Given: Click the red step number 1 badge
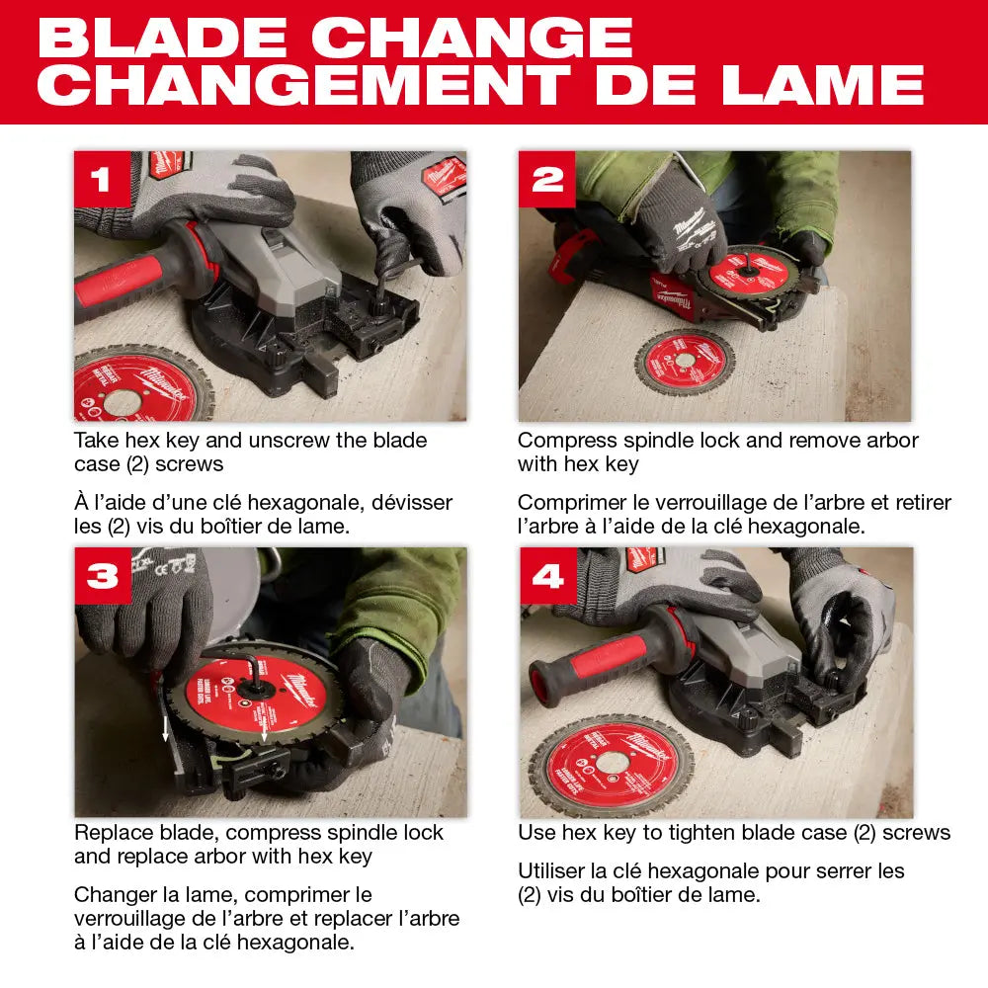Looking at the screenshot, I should tap(102, 179).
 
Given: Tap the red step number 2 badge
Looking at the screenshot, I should tap(546, 179).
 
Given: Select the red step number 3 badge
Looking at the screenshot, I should tap(102, 575).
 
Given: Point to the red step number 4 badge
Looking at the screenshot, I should tap(546, 575).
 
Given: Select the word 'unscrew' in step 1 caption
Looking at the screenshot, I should tap(283, 440).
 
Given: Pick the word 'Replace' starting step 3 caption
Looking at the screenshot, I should tap(113, 833).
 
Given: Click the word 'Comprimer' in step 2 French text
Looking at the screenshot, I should tap(570, 503).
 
